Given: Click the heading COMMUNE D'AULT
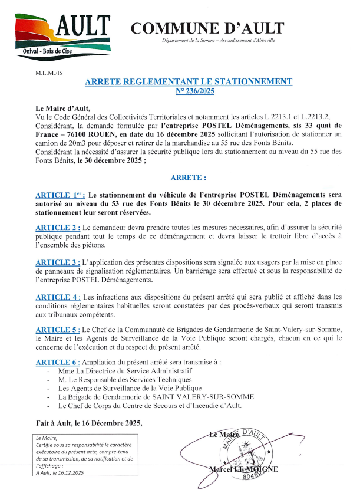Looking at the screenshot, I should click(207, 28).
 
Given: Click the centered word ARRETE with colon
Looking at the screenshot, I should click(189, 178).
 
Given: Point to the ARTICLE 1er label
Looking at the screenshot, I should click(61, 195).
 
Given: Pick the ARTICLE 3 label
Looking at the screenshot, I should click(58, 262).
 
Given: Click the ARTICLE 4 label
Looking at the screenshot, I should click(58, 297).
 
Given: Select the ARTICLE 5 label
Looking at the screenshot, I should click(58, 331).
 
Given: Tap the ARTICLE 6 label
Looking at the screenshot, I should click(58, 362).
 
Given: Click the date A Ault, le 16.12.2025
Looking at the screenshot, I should click(60, 472).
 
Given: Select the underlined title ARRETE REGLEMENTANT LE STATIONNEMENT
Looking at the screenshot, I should click(189, 82).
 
